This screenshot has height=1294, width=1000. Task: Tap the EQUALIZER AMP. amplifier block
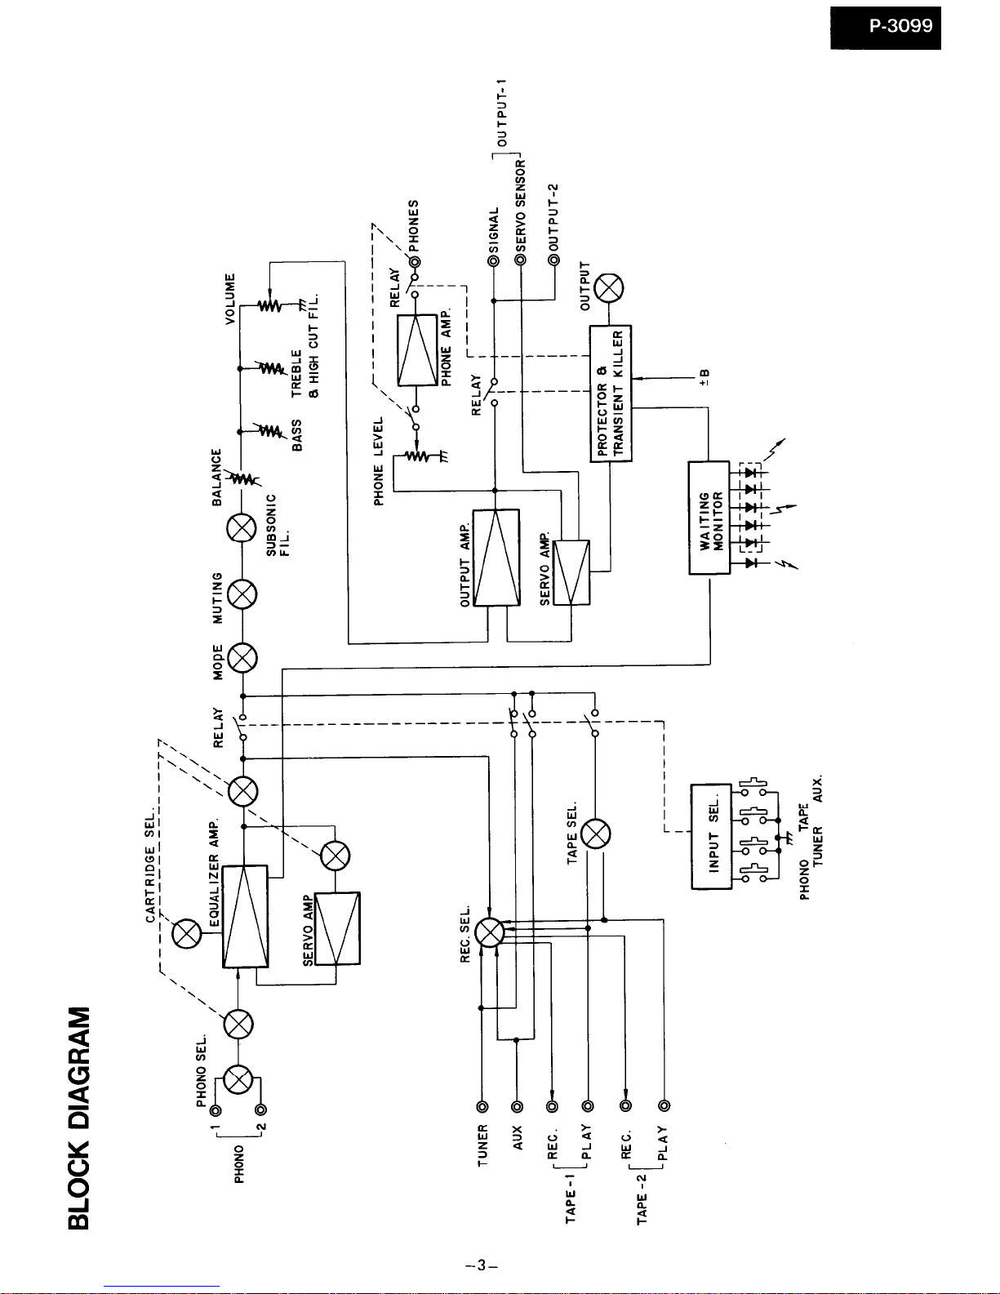tap(245, 916)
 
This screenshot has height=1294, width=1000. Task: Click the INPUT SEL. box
tap(711, 836)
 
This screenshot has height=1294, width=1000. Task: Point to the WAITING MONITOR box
tap(709, 518)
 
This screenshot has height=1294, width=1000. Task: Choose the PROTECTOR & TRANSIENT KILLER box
tap(611, 394)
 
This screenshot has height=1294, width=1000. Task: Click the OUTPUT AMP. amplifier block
tap(496, 558)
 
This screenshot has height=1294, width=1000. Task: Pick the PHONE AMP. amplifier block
tap(417, 350)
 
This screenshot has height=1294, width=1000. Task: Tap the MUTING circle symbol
tap(242, 594)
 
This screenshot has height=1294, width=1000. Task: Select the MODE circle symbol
tap(242, 658)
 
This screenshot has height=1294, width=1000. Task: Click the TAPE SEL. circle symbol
tap(595, 834)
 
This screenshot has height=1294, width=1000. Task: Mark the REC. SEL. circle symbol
tap(489, 932)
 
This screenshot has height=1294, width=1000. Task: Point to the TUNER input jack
tap(482, 1107)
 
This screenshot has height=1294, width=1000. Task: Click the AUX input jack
tap(517, 1107)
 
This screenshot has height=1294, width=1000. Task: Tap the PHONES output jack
tap(415, 262)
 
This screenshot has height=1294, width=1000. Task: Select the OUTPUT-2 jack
tap(554, 260)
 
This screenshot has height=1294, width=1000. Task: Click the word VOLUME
tap(231, 298)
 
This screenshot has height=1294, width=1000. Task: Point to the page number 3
tap(482, 1265)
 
